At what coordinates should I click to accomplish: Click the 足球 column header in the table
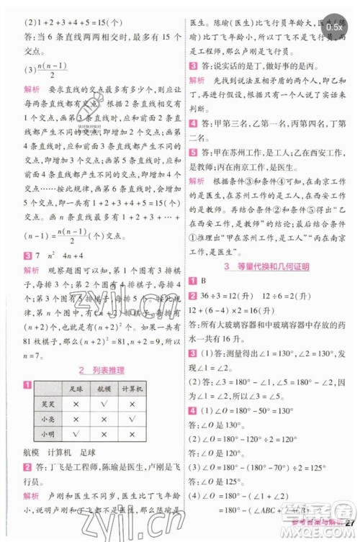click(x=75, y=389)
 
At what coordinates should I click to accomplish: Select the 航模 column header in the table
click(x=105, y=389)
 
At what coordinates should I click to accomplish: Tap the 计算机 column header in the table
click(x=137, y=389)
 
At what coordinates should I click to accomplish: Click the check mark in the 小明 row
click(x=75, y=434)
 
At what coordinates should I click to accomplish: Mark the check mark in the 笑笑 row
click(x=105, y=404)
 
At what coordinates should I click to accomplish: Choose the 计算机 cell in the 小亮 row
click(x=137, y=419)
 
